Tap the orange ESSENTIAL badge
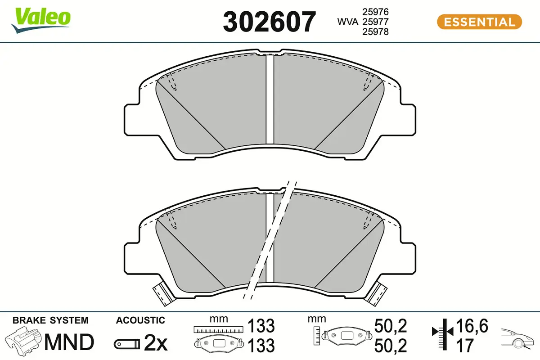[479, 22]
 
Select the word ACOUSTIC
[140, 320]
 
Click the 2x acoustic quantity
[156, 344]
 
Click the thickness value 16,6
[472, 325]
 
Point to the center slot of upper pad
[270, 99]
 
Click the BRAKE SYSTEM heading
[50, 320]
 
